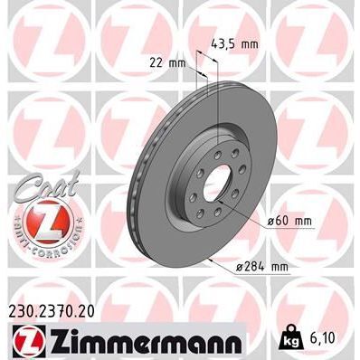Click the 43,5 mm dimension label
241,42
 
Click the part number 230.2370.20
57,309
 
